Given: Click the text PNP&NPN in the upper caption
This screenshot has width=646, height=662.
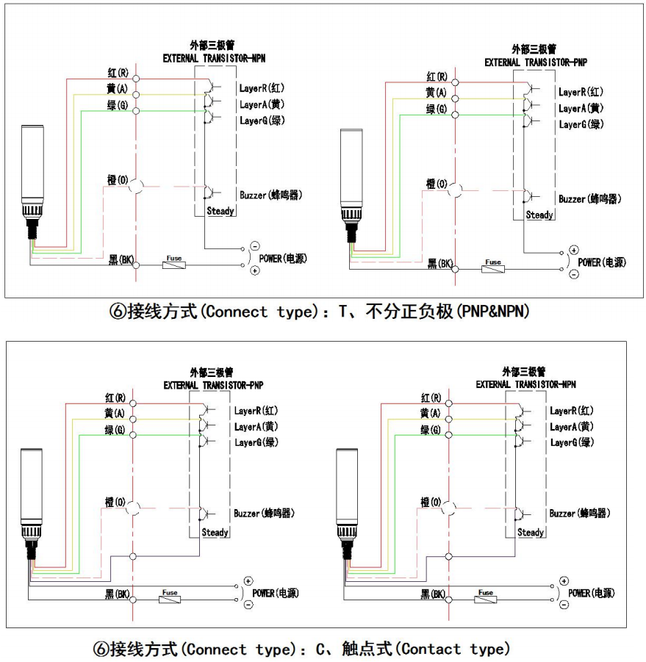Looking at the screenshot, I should [x=493, y=312].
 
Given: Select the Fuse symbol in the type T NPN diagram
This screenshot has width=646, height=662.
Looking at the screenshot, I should [x=174, y=263].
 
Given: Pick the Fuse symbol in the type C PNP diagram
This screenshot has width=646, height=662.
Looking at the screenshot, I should [x=170, y=599].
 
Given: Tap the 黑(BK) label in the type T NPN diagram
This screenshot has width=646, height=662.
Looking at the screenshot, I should [x=121, y=260].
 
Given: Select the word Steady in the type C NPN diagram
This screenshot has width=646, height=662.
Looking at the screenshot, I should [x=531, y=533].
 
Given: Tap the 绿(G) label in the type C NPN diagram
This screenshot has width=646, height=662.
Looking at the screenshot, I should [x=431, y=430].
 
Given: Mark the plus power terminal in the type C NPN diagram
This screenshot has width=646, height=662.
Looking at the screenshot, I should [x=564, y=581].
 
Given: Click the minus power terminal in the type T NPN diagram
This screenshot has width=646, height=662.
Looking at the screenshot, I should [x=255, y=246].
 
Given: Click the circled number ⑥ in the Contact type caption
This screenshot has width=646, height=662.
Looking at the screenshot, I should [x=101, y=650].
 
